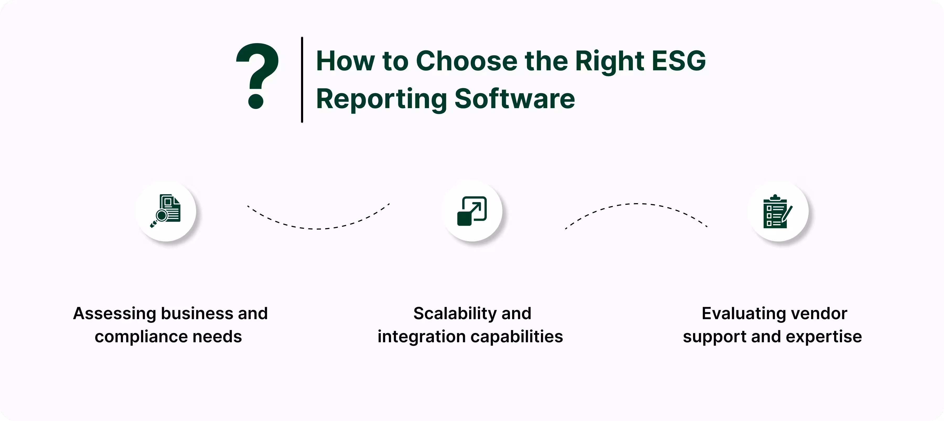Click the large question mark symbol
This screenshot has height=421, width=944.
[x=258, y=75]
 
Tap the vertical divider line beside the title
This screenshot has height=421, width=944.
[x=302, y=80]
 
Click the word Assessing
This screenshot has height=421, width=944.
[x=114, y=314]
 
